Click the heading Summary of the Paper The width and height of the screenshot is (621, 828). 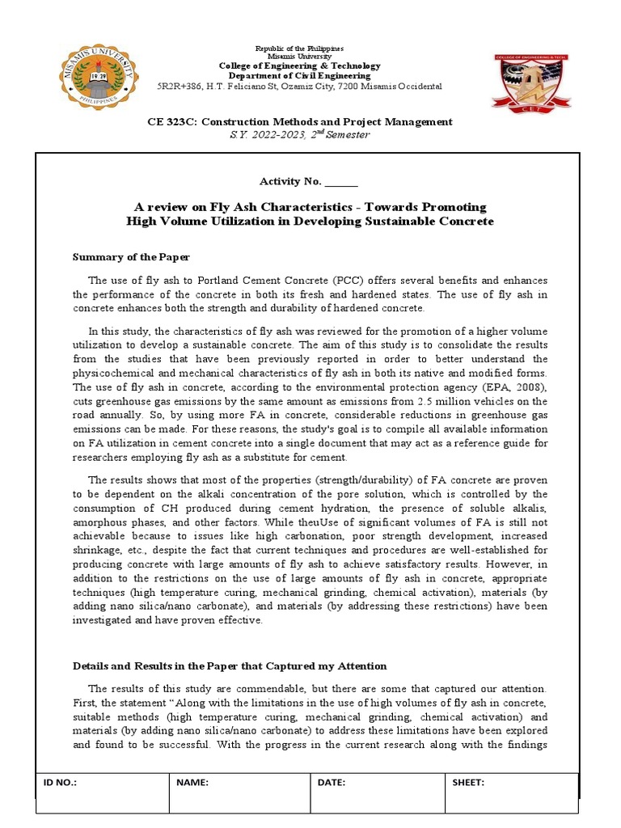131,257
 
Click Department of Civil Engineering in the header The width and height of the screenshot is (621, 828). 298,75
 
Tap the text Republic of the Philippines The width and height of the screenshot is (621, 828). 298,49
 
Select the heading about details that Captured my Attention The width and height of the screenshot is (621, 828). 230,665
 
